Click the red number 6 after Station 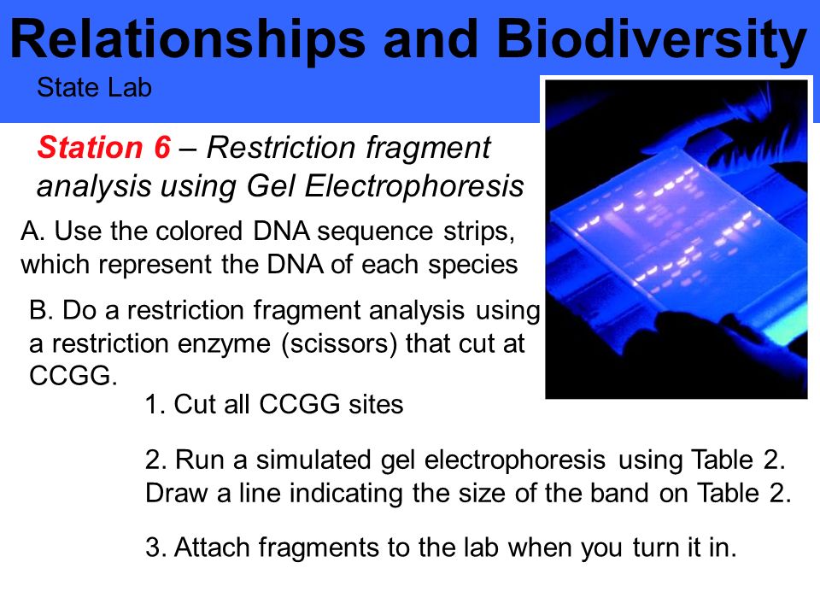point(162,147)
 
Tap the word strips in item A point(479,232)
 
